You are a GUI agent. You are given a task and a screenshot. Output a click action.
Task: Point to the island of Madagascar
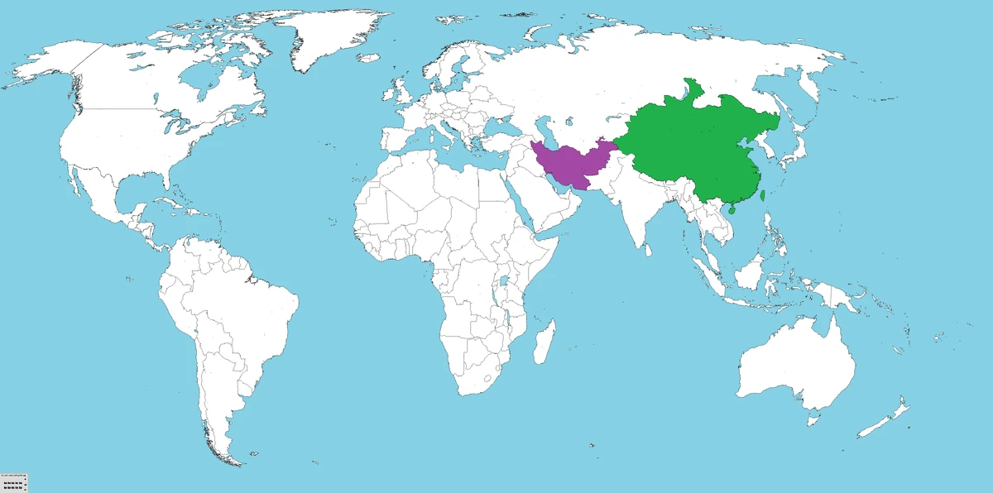[x=544, y=341]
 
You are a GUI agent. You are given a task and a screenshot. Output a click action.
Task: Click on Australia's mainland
[x=794, y=364]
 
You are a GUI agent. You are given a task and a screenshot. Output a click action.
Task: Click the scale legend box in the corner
[x=14, y=482]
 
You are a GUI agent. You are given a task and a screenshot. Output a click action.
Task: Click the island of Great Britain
[x=401, y=89]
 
